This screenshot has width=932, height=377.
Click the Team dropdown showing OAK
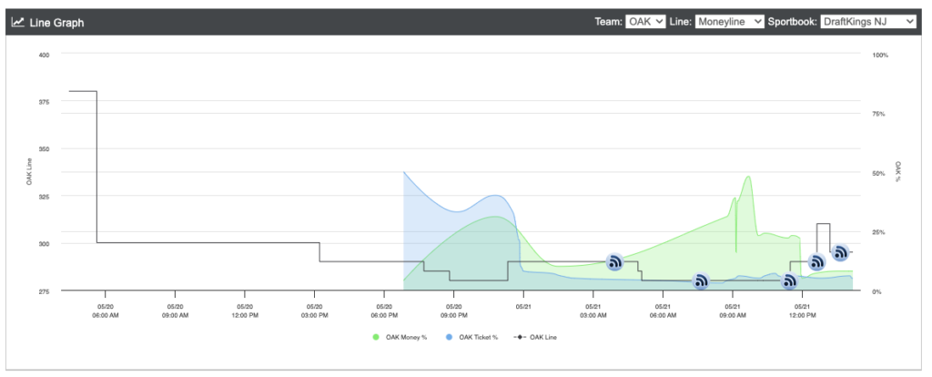(645, 22)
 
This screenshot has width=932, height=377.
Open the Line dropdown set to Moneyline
(729, 22)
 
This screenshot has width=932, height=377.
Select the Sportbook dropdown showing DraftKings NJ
(868, 22)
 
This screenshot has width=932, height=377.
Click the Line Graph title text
(56, 23)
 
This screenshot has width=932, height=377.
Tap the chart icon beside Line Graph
(18, 22)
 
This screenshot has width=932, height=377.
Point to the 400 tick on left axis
(45, 55)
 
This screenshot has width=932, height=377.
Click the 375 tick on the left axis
(45, 102)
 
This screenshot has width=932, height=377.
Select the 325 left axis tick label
(45, 196)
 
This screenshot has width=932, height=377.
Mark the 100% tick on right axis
(880, 55)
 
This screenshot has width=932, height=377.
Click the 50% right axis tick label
(879, 173)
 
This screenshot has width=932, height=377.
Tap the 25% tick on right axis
(879, 232)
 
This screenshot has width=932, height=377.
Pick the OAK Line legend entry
(535, 337)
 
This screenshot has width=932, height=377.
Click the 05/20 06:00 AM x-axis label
(106, 311)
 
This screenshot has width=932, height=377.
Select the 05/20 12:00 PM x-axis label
(244, 311)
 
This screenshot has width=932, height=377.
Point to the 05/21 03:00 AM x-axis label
(593, 311)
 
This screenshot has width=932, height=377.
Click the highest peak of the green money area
(748, 176)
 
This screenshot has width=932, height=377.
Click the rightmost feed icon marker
(840, 253)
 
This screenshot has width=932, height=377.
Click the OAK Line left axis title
(29, 173)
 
